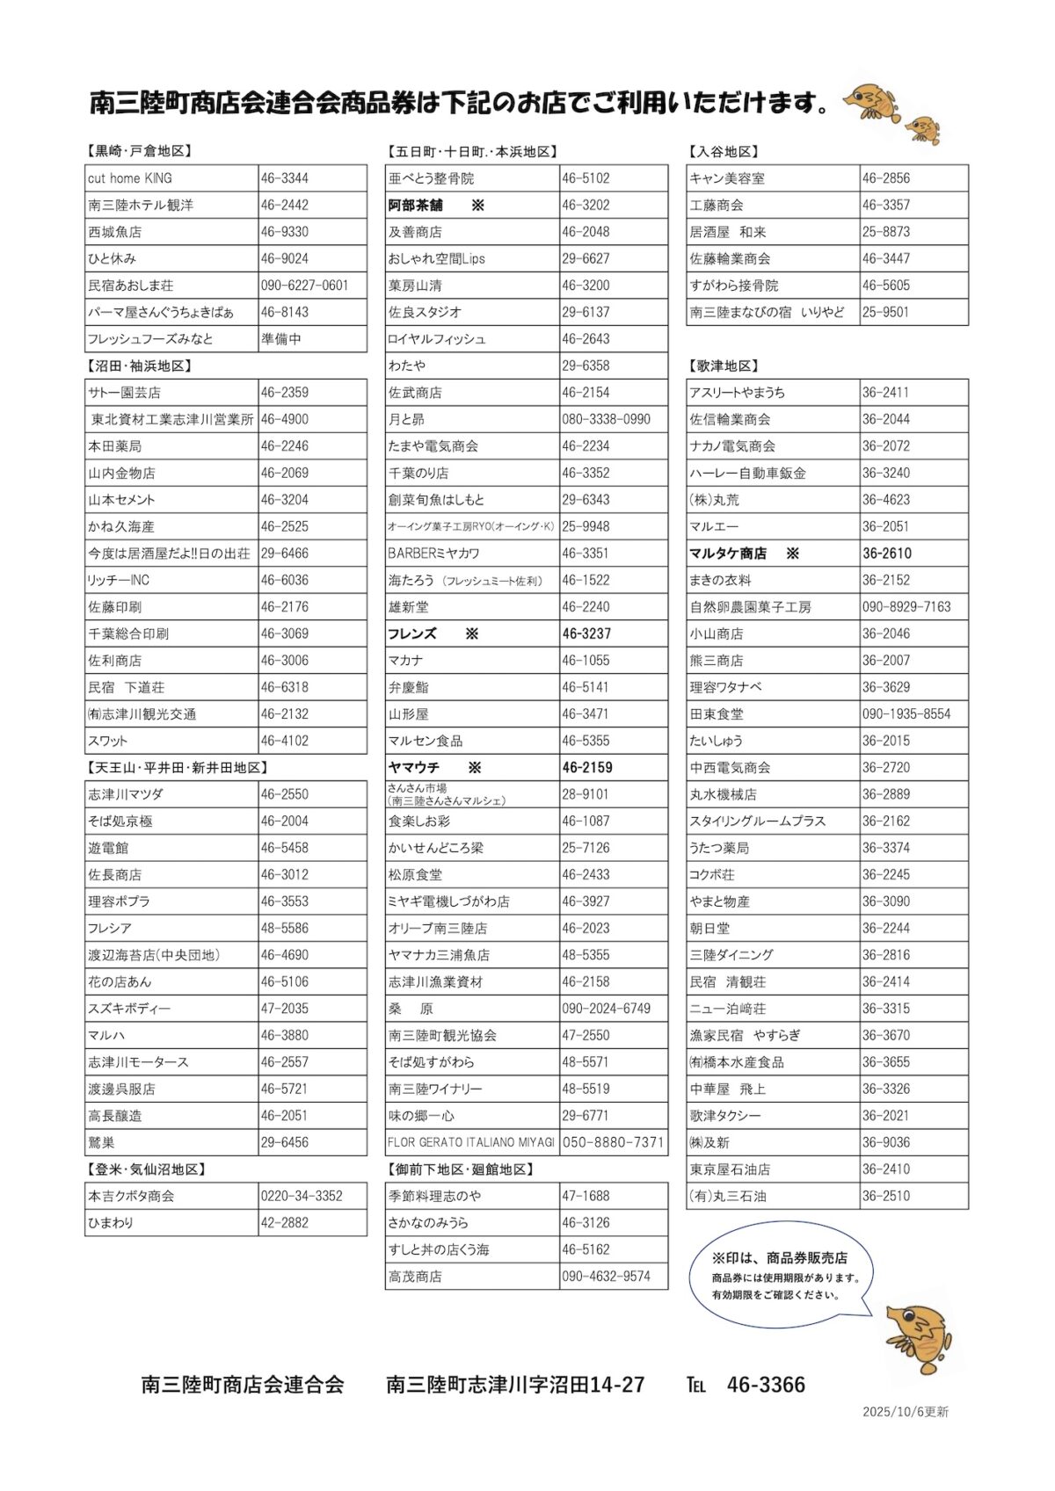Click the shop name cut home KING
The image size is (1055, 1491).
coord(130,178)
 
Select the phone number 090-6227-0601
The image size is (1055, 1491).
coord(304,286)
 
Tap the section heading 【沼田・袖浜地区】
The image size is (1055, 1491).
coord(139,366)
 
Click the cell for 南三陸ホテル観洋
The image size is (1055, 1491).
coord(141,205)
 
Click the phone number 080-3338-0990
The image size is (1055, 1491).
coord(606,419)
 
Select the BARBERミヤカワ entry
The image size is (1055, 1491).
coord(433,554)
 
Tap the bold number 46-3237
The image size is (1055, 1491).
coord(586,633)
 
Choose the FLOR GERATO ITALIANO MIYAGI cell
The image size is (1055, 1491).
coord(471,1142)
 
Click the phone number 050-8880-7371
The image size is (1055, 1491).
coord(613,1142)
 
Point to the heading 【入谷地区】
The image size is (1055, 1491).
coord(724,152)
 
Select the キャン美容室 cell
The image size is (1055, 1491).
coord(727,178)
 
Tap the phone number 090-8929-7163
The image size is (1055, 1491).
coord(906,607)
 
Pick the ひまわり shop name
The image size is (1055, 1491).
coord(111,1223)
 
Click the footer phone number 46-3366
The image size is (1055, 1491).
coord(766,1386)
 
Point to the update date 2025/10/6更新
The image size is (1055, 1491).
coord(905,1412)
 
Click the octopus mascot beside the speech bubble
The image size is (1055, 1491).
coord(919,1338)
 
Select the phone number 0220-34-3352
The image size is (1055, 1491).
coord(302,1196)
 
